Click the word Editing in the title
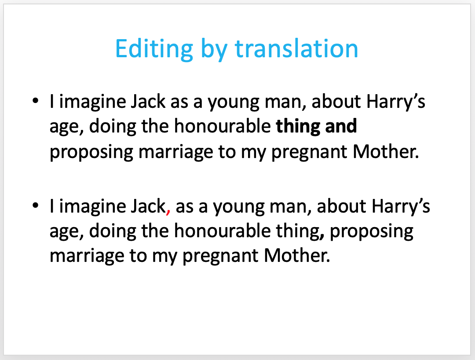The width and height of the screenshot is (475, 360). [x=154, y=49]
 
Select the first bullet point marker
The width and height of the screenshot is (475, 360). [x=36, y=101]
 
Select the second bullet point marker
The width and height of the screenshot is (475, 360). [x=36, y=206]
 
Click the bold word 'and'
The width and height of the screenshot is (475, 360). [x=341, y=126]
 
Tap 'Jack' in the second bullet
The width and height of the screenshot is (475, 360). [x=148, y=206]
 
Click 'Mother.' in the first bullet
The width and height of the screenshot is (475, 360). [x=386, y=151]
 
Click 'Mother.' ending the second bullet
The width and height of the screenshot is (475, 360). [x=296, y=255]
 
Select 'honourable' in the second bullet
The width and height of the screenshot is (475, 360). [x=223, y=231]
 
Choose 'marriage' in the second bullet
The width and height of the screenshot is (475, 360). [x=87, y=257]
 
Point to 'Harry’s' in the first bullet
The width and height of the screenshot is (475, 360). [x=396, y=102]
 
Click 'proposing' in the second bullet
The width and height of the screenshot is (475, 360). [x=371, y=232]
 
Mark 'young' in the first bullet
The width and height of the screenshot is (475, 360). [x=233, y=103]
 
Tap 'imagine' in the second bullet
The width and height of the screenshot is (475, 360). [x=92, y=207]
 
